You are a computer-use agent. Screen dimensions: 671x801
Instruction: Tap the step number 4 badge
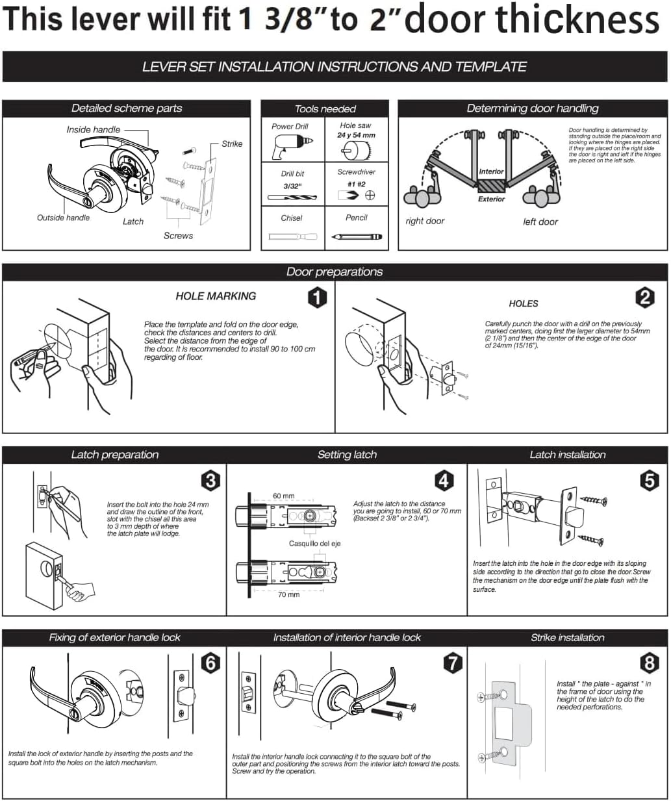click(444, 481)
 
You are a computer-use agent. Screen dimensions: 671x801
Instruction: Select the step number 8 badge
click(649, 663)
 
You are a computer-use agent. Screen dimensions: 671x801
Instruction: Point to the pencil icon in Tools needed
click(356, 237)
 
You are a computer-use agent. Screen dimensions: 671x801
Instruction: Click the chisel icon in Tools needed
click(292, 237)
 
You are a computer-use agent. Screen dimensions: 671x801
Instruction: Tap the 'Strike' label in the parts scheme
click(232, 144)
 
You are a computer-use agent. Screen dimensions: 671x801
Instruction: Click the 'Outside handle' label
click(64, 218)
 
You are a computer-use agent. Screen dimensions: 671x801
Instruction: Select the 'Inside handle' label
click(94, 129)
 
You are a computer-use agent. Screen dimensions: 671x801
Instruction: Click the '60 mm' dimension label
click(283, 496)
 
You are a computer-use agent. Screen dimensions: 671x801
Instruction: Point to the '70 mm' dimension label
click(288, 594)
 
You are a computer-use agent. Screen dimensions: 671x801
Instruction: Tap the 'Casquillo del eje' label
click(315, 543)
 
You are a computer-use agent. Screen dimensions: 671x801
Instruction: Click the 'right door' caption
click(425, 221)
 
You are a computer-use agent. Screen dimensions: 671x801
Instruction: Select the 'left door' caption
click(540, 222)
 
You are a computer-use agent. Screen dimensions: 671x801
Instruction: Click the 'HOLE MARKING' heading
click(216, 296)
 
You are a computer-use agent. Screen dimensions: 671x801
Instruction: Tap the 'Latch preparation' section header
click(115, 455)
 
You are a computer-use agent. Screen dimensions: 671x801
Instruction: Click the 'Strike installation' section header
click(567, 637)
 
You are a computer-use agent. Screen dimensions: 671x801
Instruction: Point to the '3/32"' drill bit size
click(292, 186)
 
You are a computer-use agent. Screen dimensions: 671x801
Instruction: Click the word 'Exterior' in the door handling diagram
click(491, 199)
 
